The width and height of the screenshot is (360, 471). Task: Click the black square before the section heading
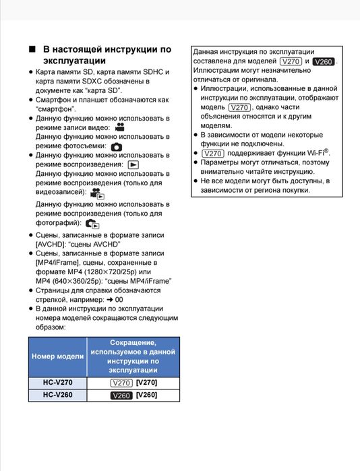point(32,50)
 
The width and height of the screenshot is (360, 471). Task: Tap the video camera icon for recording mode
point(119,127)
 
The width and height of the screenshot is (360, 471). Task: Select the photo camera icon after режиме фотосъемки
point(117,146)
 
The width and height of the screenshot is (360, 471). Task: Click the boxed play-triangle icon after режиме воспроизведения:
point(133,164)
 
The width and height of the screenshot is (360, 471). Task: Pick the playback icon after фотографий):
point(92,223)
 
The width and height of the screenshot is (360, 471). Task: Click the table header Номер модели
point(58,356)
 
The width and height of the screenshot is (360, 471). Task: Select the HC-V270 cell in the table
point(58,383)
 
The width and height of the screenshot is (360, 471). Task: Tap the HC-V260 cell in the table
point(58,396)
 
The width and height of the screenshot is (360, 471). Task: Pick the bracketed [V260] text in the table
point(146,396)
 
